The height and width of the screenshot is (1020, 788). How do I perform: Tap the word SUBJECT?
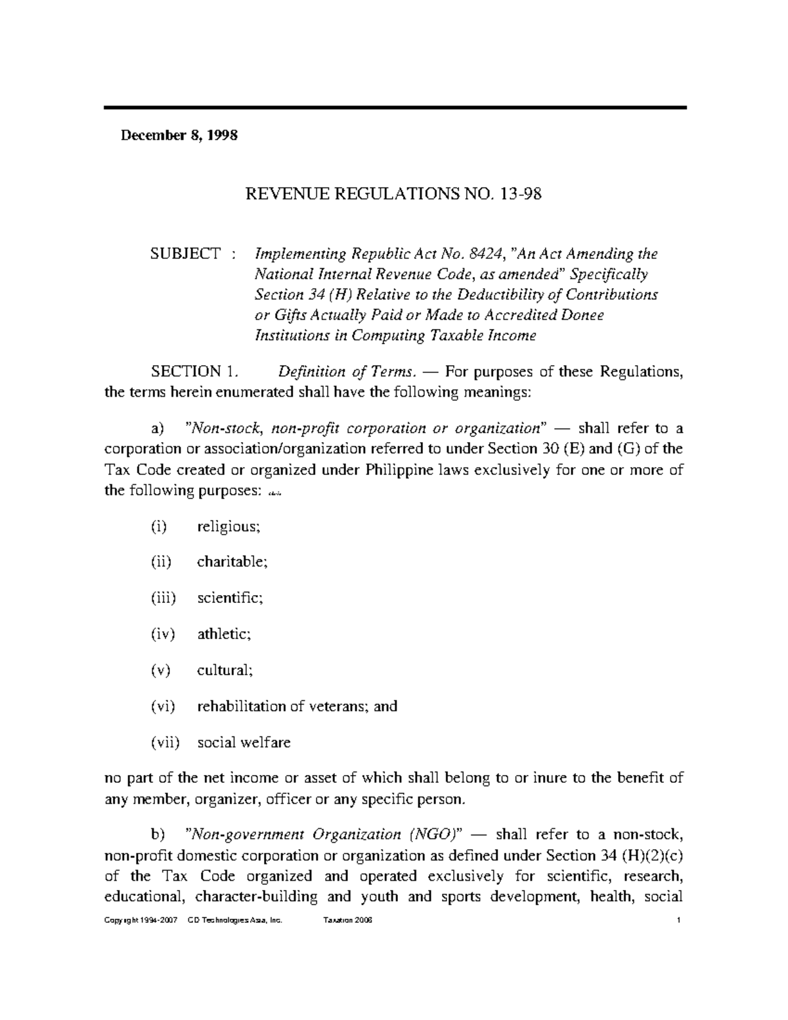186,254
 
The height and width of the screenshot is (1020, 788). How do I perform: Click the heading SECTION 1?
192,372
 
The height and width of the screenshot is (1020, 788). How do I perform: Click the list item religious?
229,526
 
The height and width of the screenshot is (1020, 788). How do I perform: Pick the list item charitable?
232,562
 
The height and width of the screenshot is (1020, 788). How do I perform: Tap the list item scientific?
230,598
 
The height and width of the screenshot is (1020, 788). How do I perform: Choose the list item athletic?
224,634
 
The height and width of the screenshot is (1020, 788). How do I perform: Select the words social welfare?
244,743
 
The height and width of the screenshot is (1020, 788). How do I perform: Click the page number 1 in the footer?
677,921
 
